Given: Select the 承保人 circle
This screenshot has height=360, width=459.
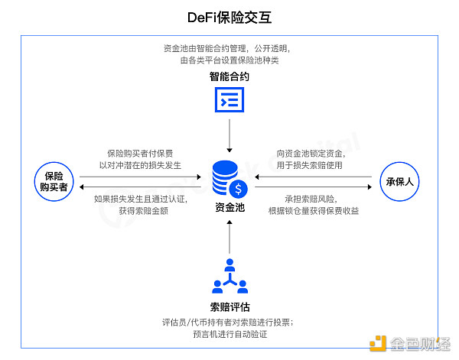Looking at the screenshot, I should click(400, 181).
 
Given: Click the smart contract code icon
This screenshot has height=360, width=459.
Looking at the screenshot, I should click(229, 100).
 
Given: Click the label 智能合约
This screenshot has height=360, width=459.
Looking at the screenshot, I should click(229, 77).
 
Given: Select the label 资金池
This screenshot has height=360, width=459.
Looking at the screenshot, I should click(229, 206).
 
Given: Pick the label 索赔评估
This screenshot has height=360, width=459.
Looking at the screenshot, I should click(229, 306).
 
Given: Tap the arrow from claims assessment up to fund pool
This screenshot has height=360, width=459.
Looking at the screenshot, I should click(229, 238).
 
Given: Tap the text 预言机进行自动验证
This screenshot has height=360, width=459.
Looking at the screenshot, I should click(229, 334).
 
